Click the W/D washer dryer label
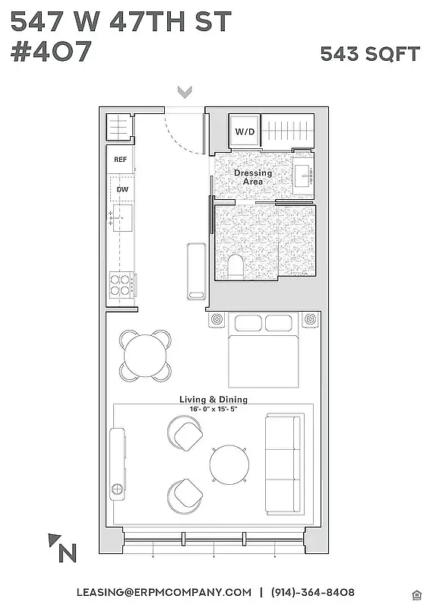(245, 132)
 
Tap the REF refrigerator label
(120, 160)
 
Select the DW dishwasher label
(121, 189)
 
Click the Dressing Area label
(252, 177)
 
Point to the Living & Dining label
(213, 399)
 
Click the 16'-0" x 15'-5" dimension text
(213, 409)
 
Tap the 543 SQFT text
(369, 53)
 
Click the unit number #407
(51, 52)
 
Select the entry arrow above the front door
(184, 92)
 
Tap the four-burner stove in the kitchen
(121, 284)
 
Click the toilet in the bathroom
(235, 267)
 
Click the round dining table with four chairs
(145, 355)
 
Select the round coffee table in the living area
(229, 463)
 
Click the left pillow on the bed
(247, 323)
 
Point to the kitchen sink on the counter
(122, 217)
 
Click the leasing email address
(163, 592)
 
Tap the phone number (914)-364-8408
(312, 592)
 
